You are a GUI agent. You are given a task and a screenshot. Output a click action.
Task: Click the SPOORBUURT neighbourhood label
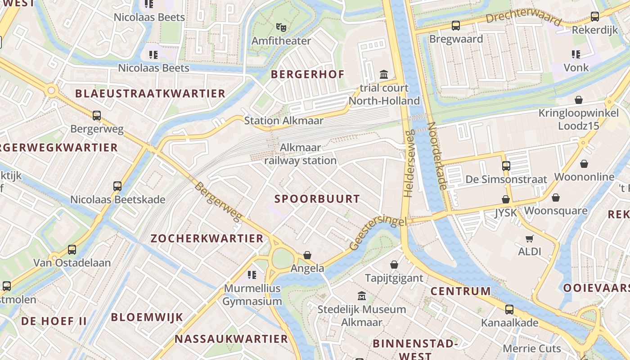coord(317,199)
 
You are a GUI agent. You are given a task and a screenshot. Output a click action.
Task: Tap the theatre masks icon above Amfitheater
coord(281,27)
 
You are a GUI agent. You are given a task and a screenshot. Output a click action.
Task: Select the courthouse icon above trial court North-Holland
coord(384,74)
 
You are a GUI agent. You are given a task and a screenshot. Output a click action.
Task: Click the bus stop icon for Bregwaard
coord(456,26)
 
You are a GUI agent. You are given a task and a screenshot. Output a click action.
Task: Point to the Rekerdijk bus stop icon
coord(595,17)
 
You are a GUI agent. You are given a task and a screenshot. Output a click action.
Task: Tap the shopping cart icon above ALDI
coord(530,238)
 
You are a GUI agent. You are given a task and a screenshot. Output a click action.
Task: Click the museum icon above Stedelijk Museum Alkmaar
coord(362,296)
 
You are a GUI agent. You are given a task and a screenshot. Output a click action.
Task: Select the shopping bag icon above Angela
coord(307,255)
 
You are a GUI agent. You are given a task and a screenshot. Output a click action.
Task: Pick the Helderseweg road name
coord(409,164)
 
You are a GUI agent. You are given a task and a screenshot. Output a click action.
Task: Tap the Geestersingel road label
coord(378,233)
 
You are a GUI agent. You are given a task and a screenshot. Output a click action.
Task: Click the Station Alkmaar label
coord(283,121)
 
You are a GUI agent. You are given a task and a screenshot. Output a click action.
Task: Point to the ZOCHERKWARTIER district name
coord(207,238)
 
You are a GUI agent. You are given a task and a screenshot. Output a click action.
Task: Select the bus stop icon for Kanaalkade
coord(509,310)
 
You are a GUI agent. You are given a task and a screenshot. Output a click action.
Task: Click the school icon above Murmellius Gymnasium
coord(252,274)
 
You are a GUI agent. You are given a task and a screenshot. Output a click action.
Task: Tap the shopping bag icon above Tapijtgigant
coord(394,265)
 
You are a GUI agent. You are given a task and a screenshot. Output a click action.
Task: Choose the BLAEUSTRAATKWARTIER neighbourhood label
coord(150,94)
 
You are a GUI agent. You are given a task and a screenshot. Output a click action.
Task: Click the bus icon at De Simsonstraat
coord(506,166)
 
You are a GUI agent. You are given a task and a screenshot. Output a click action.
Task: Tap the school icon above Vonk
coord(576,54)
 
